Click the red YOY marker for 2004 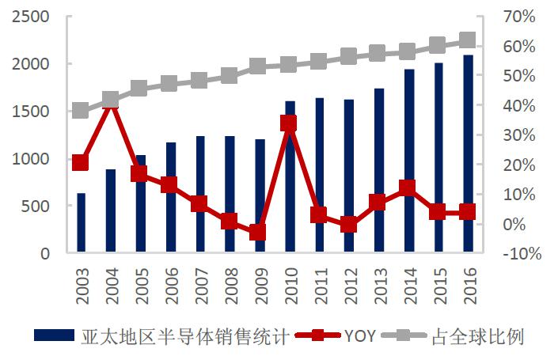point(111,102)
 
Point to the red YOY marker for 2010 point(289,123)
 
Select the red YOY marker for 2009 point(259,232)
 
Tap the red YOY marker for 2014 point(408,188)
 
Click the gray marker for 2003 point(81,110)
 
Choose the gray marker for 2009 point(259,66)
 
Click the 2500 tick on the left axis point(31,17)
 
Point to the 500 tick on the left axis point(36,207)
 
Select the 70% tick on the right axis point(519,17)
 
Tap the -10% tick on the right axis point(517,254)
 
